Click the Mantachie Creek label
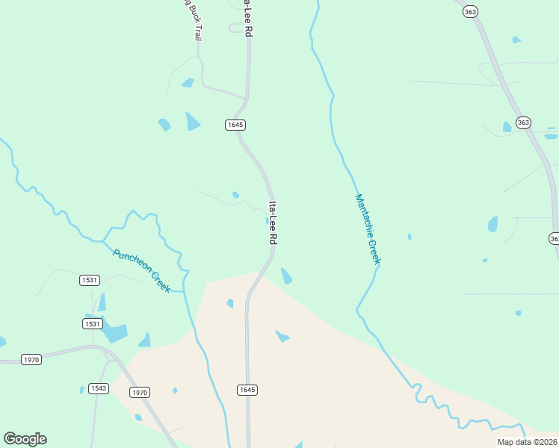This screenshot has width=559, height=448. [x=368, y=228]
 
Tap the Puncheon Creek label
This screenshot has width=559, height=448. [x=142, y=270]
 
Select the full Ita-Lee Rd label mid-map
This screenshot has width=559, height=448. [x=273, y=223]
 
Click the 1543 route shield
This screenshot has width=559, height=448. [x=98, y=388]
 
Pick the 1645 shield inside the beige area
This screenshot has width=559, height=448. [x=247, y=390]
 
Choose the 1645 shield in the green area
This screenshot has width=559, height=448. [x=235, y=125]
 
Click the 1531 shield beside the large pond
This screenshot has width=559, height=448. [x=92, y=323]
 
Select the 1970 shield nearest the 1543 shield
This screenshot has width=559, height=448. [x=140, y=392]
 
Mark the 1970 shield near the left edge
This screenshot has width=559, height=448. [x=31, y=359]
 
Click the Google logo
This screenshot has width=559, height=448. [x=25, y=439]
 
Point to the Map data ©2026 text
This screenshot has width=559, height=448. [x=526, y=442]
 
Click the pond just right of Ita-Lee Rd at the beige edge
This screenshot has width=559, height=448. [x=286, y=276]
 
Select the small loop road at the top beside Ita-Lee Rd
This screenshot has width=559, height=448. [x=238, y=28]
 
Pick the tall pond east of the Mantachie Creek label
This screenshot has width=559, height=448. [x=492, y=224]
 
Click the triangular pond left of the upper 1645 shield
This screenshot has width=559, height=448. [x=192, y=121]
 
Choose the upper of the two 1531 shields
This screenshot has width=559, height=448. [x=89, y=280]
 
